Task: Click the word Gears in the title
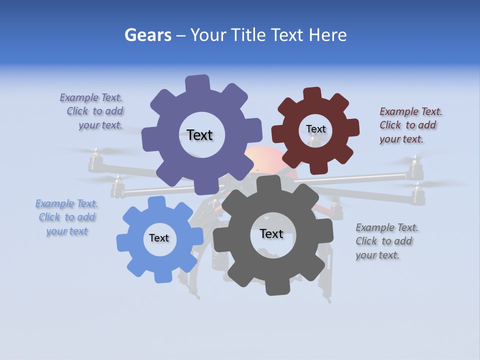click(x=148, y=35)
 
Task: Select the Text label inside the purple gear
click(x=199, y=135)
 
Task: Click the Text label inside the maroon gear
click(x=315, y=129)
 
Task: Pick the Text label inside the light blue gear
click(x=159, y=238)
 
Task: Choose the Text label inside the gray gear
click(x=271, y=233)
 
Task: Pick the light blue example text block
click(x=67, y=217)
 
